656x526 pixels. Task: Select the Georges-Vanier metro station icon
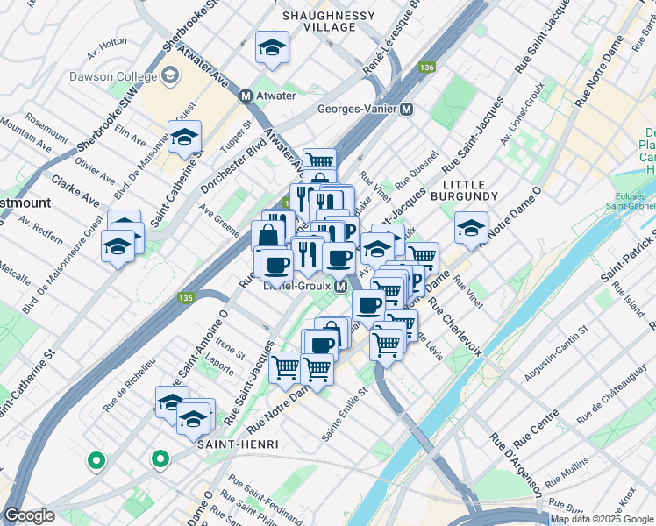[x=406, y=110]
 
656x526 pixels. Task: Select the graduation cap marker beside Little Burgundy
[x=472, y=228]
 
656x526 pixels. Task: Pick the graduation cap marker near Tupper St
[x=185, y=137]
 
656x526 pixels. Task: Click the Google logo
[x=29, y=515]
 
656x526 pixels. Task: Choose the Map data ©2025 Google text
[x=602, y=519]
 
